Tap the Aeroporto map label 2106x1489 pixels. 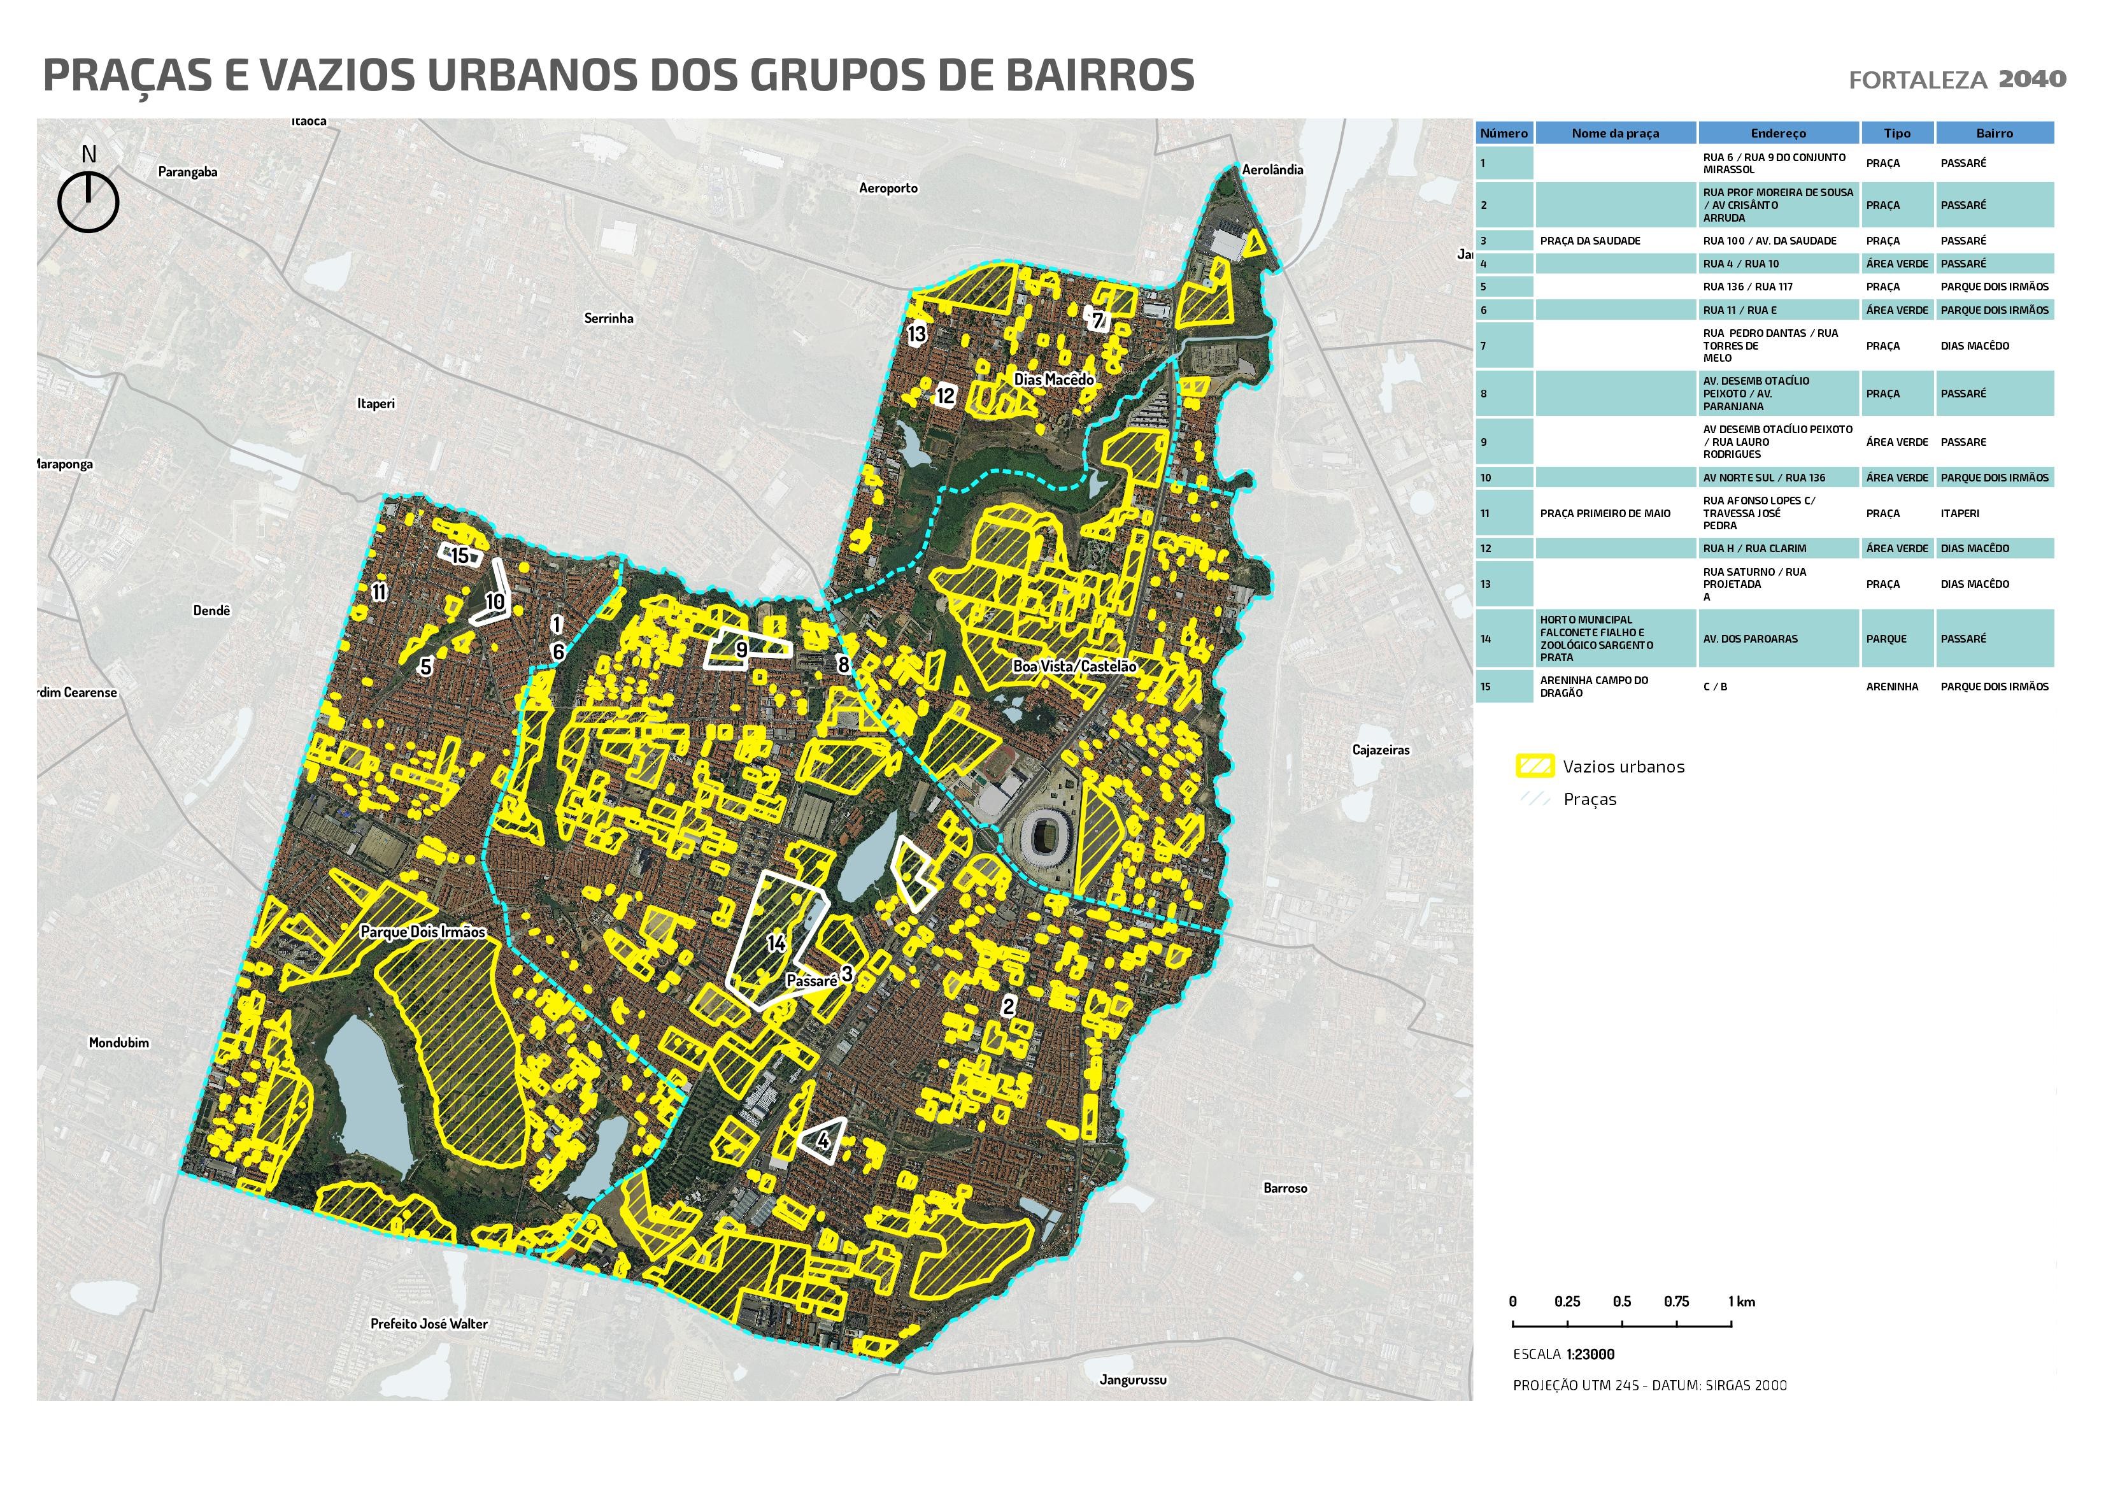[x=887, y=188]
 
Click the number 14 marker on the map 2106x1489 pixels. [x=776, y=943]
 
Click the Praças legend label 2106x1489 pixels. [x=1590, y=799]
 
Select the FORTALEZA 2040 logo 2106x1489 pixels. [x=1956, y=80]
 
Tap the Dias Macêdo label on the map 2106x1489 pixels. [x=1053, y=379]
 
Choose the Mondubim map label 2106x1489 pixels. [x=118, y=1042]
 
